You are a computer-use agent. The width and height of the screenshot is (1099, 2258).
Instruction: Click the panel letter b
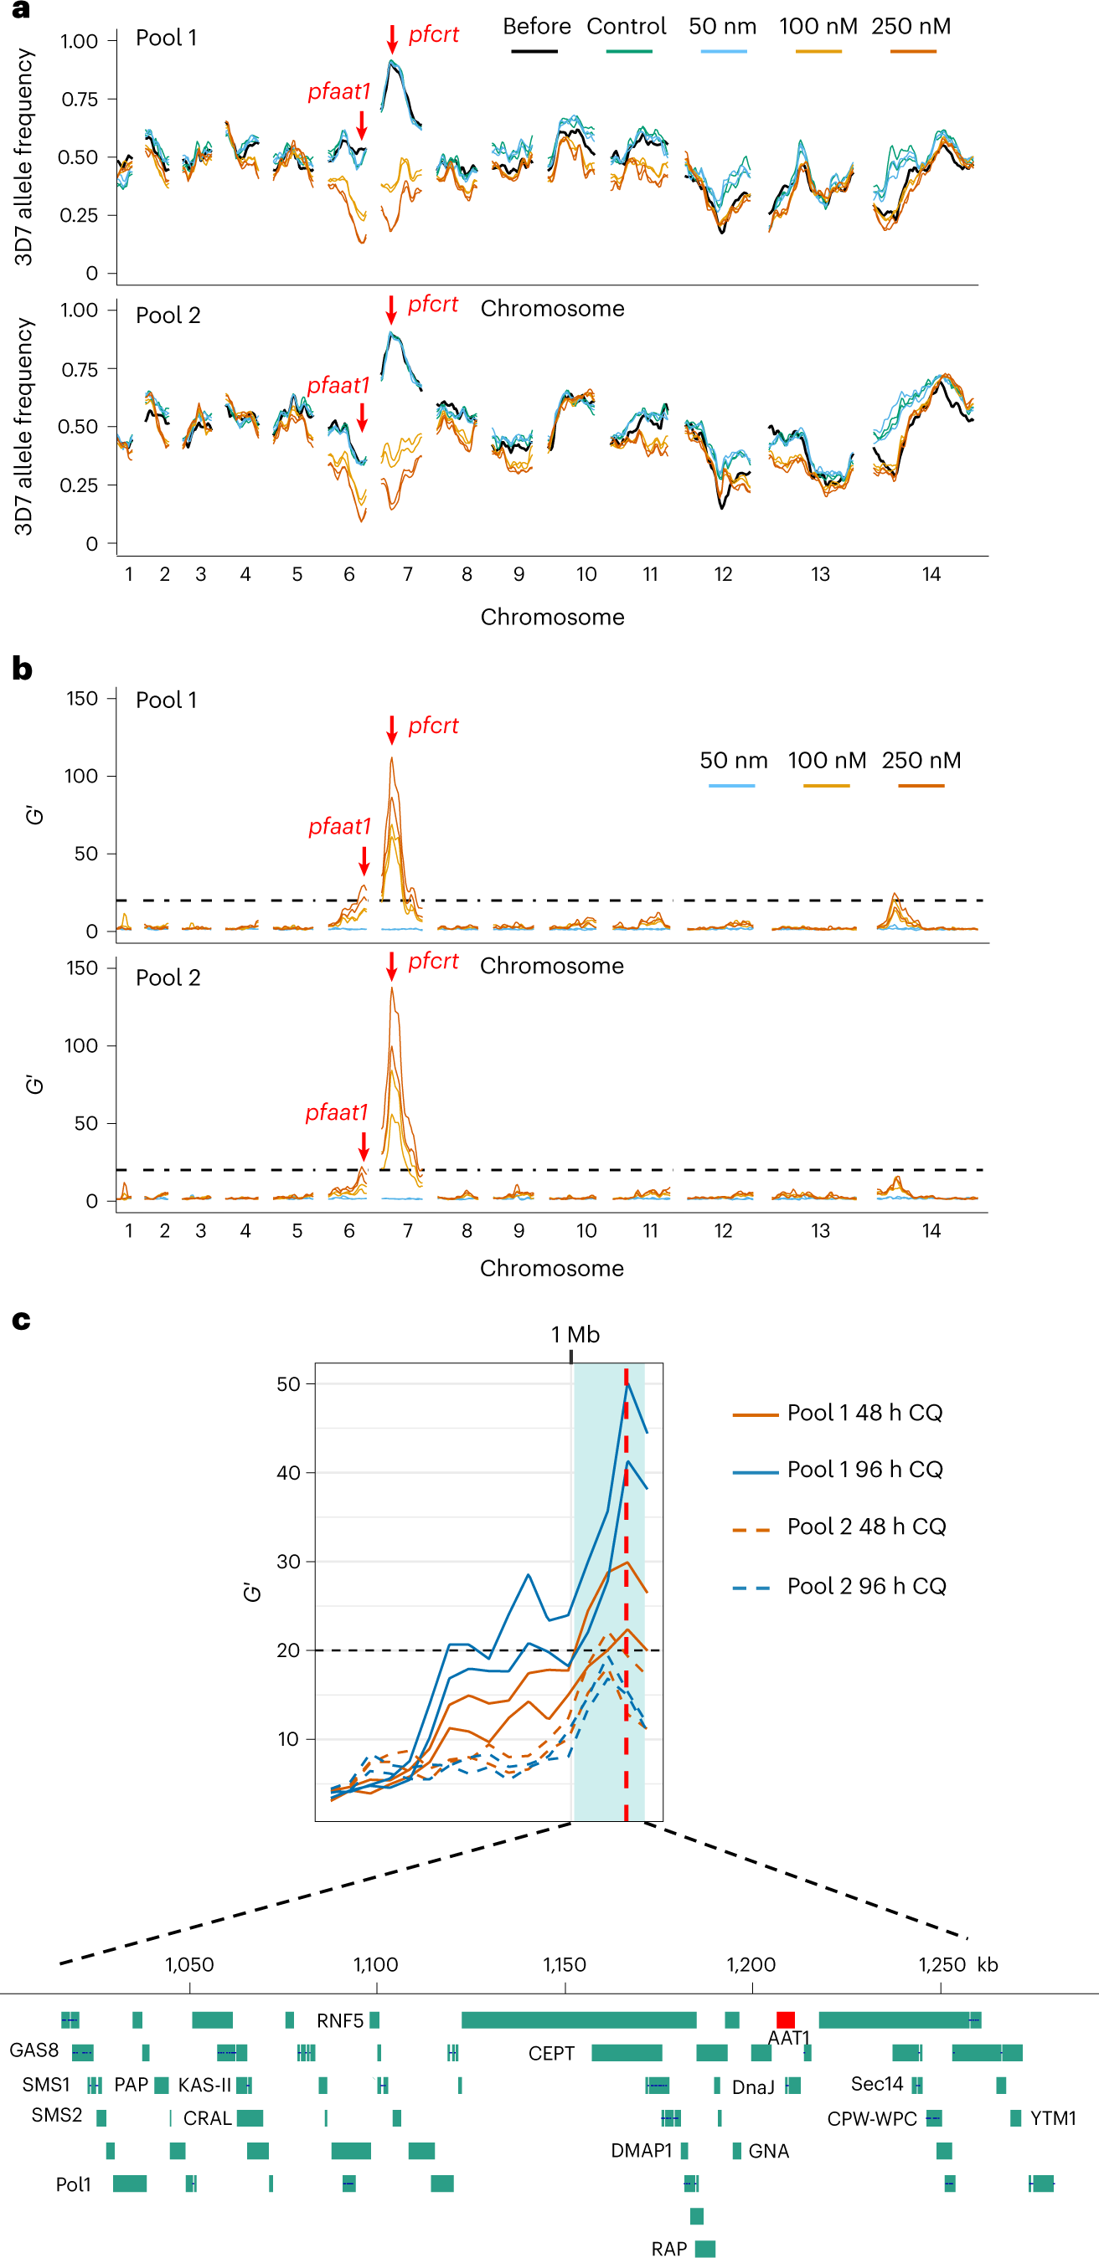22,670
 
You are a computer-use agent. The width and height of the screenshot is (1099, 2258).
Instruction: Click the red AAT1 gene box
785,2019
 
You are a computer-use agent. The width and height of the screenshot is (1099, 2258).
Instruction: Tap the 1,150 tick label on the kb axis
564,1964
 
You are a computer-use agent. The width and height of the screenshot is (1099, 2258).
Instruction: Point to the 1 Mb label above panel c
575,1334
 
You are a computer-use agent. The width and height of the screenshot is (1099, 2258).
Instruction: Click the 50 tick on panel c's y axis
287,1384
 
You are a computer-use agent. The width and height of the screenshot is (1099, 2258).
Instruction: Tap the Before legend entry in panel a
536,26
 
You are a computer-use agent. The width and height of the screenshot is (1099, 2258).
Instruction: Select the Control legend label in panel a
627,26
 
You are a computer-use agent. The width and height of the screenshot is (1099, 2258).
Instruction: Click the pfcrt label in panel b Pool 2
432,961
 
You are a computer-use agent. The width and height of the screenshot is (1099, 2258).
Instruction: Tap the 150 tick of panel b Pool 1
81,699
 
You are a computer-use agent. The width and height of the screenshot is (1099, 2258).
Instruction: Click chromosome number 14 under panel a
931,574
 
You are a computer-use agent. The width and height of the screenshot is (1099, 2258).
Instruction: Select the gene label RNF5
339,2020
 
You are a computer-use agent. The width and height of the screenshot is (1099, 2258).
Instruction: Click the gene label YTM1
1053,2117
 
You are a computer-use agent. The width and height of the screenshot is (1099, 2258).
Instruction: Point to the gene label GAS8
34,2050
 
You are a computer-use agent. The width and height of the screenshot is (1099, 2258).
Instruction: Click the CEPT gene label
551,2054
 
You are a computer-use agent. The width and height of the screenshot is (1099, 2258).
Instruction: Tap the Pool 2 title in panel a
168,316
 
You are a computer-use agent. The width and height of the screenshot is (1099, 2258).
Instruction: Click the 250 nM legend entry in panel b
921,761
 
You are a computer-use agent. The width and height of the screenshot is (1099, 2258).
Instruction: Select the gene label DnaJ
752,2087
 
